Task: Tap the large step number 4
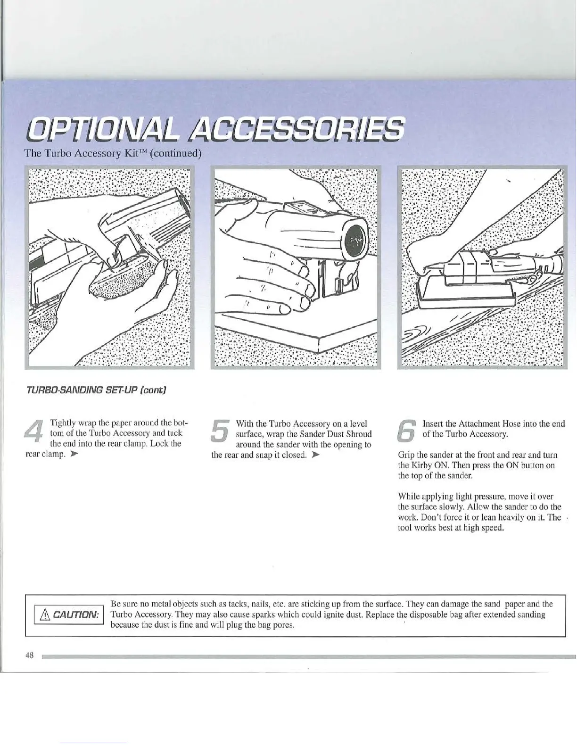click(35, 432)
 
